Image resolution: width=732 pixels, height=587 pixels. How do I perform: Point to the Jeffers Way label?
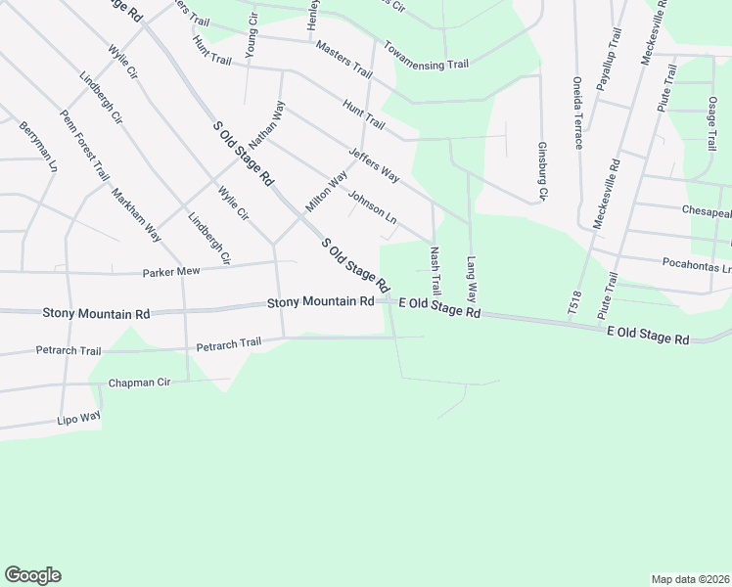374,163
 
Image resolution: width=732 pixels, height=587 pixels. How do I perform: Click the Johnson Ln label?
371,206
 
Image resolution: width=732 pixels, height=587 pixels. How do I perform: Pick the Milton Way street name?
327,191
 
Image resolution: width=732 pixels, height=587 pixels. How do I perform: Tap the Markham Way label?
137,214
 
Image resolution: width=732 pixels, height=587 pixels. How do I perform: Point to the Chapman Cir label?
140,383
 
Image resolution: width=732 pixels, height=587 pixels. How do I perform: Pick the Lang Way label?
471,278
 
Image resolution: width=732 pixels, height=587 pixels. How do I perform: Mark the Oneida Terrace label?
577,112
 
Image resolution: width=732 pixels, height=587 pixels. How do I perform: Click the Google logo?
32,575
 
